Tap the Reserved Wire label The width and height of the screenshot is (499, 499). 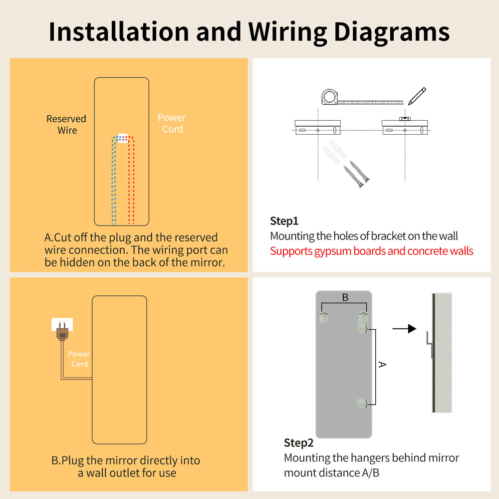[x=66, y=124]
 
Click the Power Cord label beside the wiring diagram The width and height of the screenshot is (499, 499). [x=172, y=123]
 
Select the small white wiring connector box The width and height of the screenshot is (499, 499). [x=123, y=138]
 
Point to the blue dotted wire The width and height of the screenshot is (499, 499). [x=114, y=185]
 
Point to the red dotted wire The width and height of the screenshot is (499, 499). [x=132, y=185]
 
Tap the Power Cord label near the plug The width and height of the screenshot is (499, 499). [x=79, y=359]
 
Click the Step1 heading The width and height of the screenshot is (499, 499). [x=284, y=221]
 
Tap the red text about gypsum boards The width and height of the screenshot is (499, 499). [x=371, y=250]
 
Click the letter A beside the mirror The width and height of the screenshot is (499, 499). [x=382, y=365]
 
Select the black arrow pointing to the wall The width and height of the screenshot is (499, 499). [x=404, y=328]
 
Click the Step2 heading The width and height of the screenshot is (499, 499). [x=298, y=443]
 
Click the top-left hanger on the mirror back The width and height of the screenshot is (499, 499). [x=324, y=316]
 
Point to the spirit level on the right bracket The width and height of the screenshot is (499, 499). [x=404, y=119]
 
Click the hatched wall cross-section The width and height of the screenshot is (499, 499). [x=443, y=353]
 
